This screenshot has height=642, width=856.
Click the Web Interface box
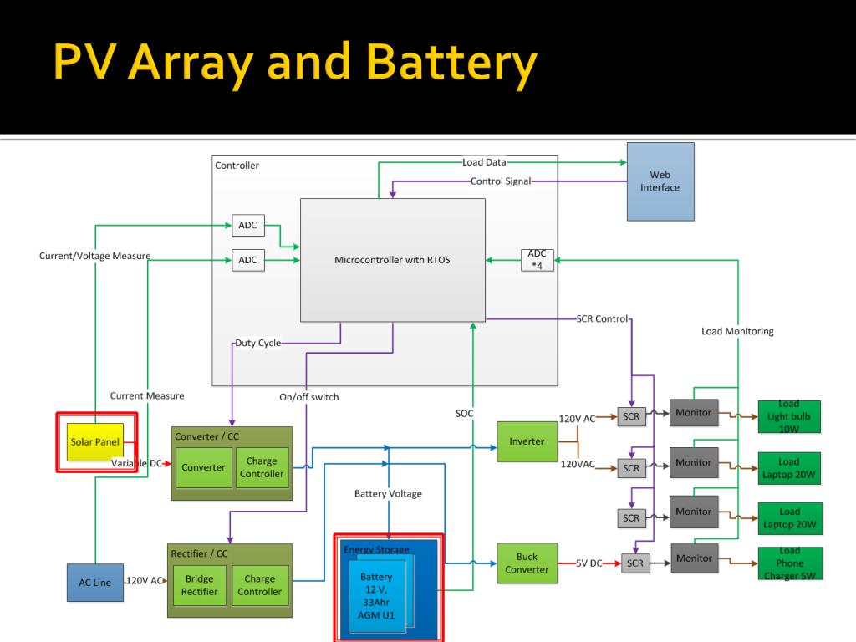click(x=660, y=181)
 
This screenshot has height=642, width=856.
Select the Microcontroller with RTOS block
click(x=392, y=260)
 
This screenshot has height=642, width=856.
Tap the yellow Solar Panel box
click(x=94, y=441)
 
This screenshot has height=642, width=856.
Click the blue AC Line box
click(x=94, y=583)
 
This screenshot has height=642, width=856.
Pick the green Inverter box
click(x=527, y=441)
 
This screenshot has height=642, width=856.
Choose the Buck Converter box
click(x=527, y=563)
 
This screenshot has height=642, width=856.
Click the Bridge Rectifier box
click(x=200, y=585)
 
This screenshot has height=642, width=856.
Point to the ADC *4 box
click(x=537, y=260)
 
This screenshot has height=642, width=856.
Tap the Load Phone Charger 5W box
click(x=789, y=563)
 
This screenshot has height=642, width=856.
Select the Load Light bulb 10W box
click(x=789, y=416)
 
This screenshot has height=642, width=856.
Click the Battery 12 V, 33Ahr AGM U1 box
click(x=376, y=595)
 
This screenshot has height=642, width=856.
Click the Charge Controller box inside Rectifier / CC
click(x=259, y=585)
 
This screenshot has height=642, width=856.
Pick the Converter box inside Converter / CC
click(x=203, y=467)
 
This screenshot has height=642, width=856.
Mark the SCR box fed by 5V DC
click(x=635, y=564)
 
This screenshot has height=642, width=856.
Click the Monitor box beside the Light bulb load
click(x=693, y=413)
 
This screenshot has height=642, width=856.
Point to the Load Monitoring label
click(x=737, y=332)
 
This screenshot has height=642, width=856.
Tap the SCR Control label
click(x=602, y=318)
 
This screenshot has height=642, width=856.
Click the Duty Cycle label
click(x=257, y=343)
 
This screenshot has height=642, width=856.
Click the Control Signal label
click(x=501, y=181)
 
